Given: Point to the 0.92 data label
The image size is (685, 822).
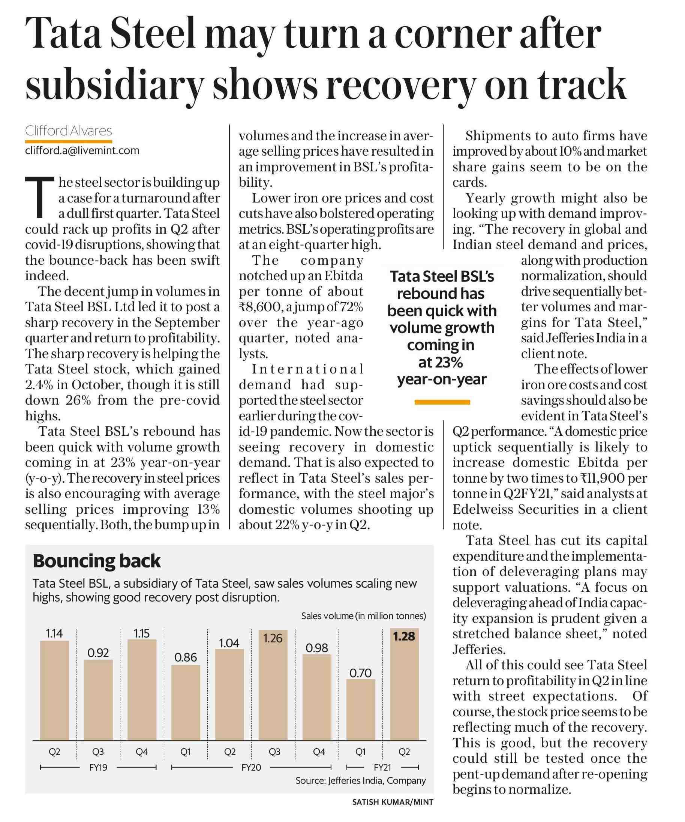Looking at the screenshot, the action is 98,652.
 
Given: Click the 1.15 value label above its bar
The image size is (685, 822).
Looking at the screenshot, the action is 142,633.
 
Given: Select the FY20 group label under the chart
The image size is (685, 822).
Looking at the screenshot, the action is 251,767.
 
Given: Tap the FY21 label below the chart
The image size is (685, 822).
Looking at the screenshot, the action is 382,767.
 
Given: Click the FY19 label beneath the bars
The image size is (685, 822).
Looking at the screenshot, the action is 98,767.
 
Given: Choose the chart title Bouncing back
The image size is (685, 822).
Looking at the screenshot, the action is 97,561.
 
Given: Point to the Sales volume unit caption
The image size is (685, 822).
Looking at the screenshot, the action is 364,616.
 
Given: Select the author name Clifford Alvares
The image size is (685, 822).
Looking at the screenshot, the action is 69,130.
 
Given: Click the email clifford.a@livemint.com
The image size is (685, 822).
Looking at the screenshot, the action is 82,151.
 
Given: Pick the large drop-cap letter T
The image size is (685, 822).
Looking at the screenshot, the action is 39,197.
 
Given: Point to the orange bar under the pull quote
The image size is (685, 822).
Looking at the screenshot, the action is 442,402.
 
